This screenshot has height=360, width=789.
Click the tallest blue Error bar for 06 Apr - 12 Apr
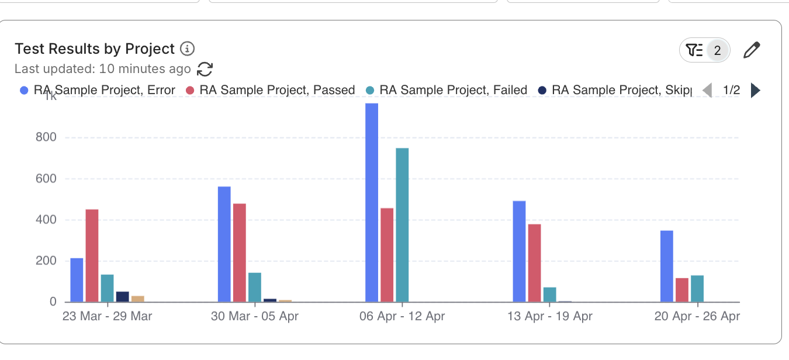pos(372,202)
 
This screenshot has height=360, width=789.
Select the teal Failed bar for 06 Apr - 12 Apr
pos(402,225)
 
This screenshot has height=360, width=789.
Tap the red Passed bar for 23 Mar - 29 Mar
pos(92,255)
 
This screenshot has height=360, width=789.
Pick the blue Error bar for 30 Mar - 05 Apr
pos(224,244)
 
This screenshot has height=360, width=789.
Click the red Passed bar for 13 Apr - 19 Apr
pos(534,263)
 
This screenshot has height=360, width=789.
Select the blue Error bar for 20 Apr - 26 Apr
pos(667,266)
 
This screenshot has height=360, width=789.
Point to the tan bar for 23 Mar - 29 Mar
pos(138,299)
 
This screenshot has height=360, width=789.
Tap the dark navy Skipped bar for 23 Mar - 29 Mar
pos(122,296)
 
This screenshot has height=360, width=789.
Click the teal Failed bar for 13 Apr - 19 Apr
pos(549,295)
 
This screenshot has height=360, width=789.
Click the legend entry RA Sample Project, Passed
pos(271,90)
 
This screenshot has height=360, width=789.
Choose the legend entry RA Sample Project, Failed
pos(447,90)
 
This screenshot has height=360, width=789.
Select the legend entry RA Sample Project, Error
pos(98,90)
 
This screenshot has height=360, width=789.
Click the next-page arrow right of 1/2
pos(755,90)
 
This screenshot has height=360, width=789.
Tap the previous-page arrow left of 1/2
pos(707,90)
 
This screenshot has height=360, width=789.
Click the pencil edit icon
pos(752,51)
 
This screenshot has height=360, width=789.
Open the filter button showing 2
pos(704,51)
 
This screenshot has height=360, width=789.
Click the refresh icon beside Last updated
pos(205,69)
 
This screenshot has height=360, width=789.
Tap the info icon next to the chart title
pos(187,49)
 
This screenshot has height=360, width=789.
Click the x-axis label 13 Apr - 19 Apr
pos(549,317)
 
